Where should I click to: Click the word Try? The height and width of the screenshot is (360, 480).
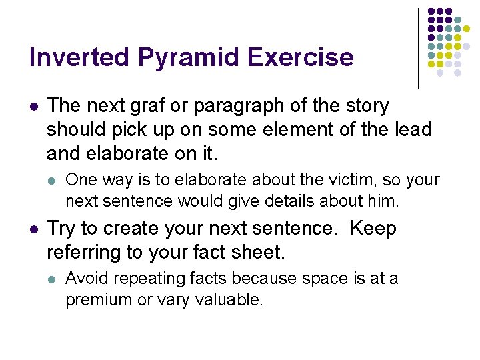(x=61, y=229)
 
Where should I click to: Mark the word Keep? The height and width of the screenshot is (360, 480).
(x=373, y=229)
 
